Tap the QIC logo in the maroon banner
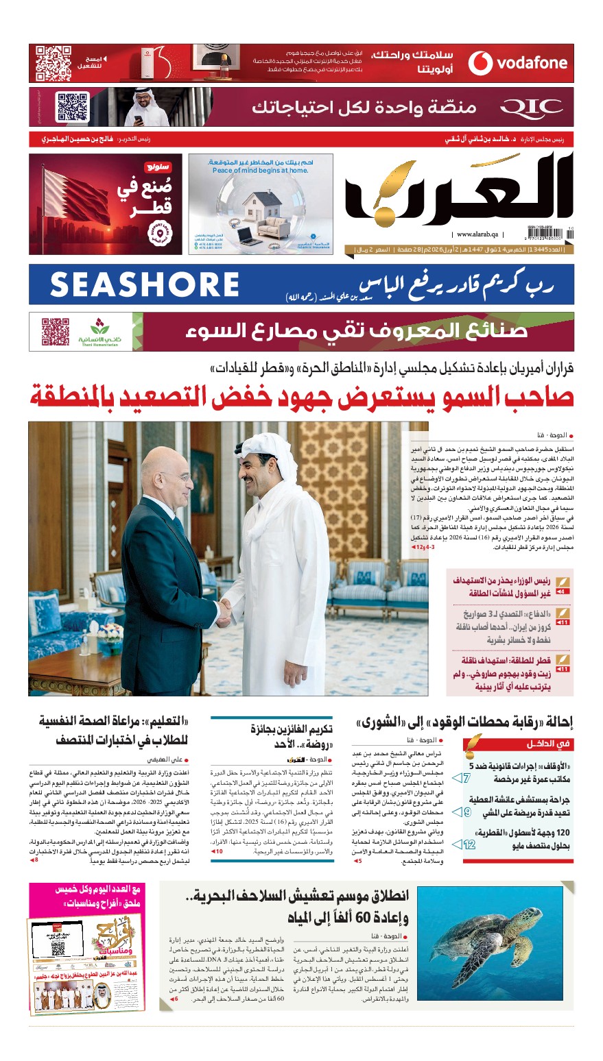pyautogui.click(x=531, y=108)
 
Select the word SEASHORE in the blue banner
pyautogui.click(x=144, y=284)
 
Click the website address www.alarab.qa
pyautogui.click(x=479, y=234)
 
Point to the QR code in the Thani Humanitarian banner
pyautogui.click(x=56, y=332)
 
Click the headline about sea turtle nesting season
pyautogui.click(x=297, y=906)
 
